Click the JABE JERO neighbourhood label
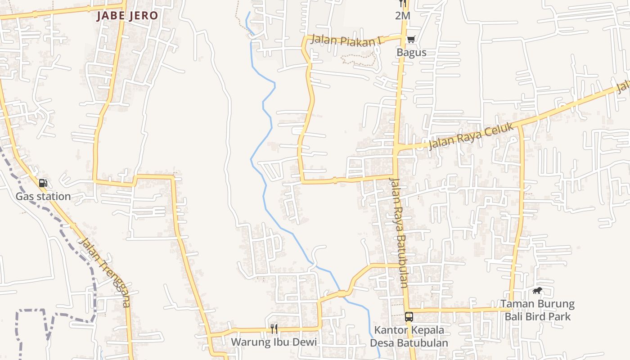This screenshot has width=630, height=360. click(127, 16)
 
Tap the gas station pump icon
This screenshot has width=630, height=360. click(43, 183)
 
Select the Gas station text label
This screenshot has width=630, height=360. click(43, 197)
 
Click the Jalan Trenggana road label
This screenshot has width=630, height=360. click(105, 272)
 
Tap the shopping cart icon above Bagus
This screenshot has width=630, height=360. click(411, 40)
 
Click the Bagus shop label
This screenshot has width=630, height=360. click(411, 52)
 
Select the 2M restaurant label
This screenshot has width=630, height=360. click(403, 16)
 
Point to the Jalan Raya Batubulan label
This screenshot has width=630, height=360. click(398, 233)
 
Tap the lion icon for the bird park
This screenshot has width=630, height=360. click(537, 291)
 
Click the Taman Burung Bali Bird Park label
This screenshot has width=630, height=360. click(537, 310)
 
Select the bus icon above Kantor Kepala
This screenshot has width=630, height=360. click(409, 317)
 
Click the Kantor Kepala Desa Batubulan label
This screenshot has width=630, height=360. click(409, 337)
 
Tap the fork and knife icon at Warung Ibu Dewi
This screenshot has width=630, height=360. click(274, 329)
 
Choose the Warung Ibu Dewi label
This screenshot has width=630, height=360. click(274, 342)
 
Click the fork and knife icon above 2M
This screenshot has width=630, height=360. click(403, 3)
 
